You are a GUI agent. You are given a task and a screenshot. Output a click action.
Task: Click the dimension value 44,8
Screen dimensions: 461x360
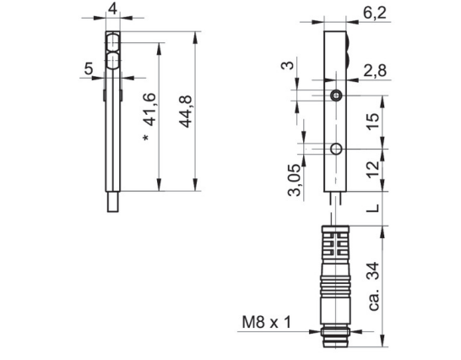point(186,112)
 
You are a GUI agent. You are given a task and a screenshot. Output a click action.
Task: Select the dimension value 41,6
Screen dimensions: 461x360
point(150,110)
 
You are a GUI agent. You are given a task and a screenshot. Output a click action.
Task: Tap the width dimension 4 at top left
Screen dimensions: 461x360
point(112,9)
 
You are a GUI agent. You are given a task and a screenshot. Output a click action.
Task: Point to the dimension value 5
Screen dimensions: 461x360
point(89,68)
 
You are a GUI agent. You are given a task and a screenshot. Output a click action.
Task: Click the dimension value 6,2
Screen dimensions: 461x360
point(375,13)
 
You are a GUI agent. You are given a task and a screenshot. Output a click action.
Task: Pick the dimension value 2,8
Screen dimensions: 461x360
point(375,71)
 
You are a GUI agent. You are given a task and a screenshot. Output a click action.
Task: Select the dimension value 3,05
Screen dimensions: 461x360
point(295,180)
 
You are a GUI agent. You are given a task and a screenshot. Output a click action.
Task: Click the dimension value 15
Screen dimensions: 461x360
point(373,122)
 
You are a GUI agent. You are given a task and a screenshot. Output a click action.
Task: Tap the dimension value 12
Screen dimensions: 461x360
point(373,169)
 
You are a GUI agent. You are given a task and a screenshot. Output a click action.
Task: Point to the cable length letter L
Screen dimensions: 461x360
point(373,208)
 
